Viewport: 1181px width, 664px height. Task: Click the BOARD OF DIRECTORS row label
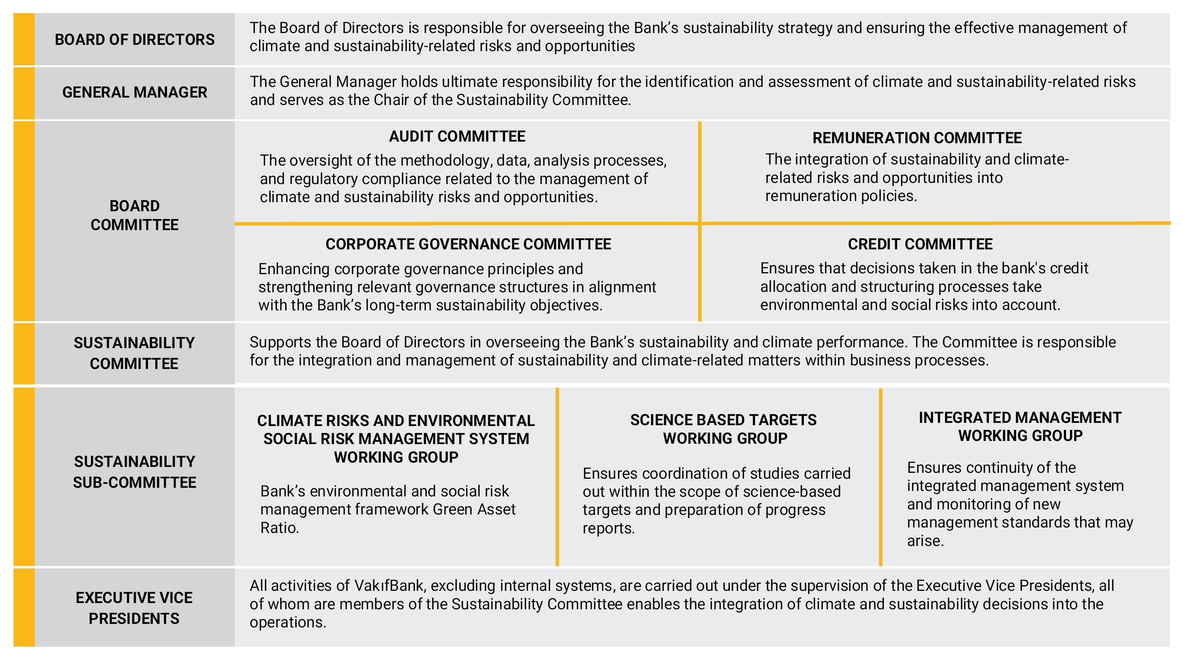(x=134, y=39)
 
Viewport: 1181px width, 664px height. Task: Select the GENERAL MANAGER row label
(x=134, y=92)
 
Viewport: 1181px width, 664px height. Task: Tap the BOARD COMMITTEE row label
(x=134, y=216)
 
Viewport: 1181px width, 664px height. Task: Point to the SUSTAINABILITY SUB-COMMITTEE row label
(x=134, y=472)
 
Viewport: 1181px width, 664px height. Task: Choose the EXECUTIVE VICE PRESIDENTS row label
(x=134, y=608)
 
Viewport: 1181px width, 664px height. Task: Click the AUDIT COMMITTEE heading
(x=457, y=136)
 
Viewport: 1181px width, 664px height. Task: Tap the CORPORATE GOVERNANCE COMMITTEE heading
(x=468, y=244)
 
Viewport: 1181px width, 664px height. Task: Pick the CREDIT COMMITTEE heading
(x=920, y=244)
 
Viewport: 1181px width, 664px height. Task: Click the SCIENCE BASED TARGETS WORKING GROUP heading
(x=724, y=429)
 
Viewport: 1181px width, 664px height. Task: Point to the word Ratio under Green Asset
(x=279, y=528)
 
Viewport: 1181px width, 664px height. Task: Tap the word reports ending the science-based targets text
(x=608, y=528)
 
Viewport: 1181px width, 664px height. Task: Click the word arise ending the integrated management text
(x=925, y=541)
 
